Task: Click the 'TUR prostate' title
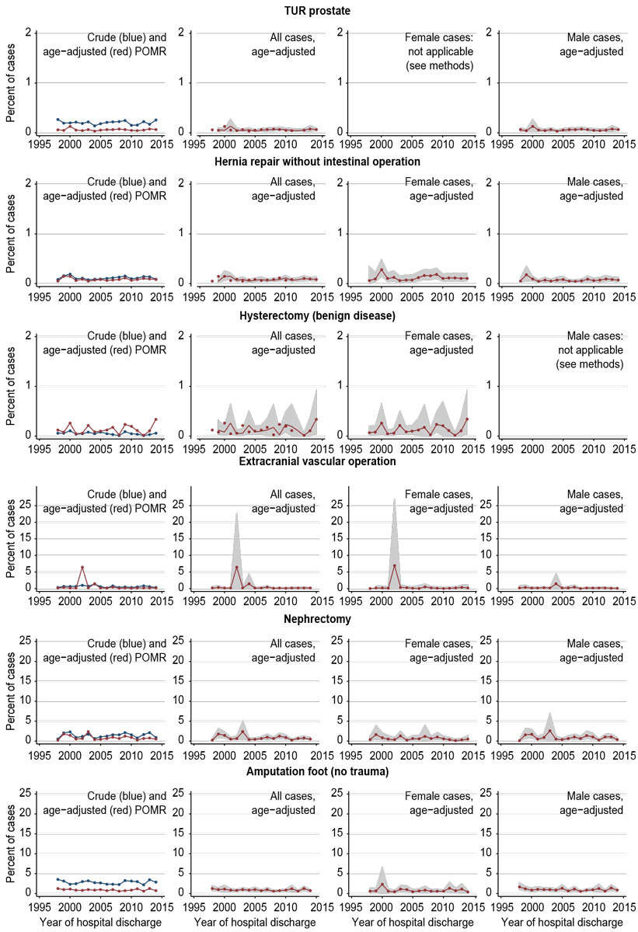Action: (x=318, y=12)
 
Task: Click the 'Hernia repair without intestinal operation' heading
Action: (x=318, y=161)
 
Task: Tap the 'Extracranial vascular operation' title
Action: (x=318, y=461)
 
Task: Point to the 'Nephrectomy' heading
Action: (x=318, y=618)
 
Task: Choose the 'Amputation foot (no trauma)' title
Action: (x=318, y=770)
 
